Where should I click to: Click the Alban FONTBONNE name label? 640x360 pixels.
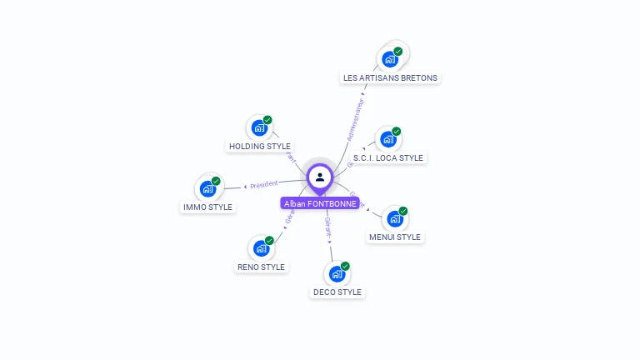(x=320, y=203)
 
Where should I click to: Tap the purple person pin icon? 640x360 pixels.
(x=320, y=177)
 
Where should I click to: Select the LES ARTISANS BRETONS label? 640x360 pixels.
(x=390, y=77)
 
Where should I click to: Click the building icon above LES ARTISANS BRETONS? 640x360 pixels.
(x=389, y=59)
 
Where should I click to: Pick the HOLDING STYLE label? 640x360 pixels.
(x=259, y=146)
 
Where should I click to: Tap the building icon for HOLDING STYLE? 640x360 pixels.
(x=259, y=128)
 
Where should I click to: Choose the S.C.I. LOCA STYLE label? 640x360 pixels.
(x=387, y=157)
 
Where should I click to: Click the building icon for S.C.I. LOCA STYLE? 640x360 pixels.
(x=387, y=139)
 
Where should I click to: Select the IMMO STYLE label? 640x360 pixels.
(x=207, y=207)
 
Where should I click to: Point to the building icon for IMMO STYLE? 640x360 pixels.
(x=207, y=189)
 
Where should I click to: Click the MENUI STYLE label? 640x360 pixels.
(x=395, y=237)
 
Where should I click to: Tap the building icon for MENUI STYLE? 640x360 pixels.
(x=395, y=219)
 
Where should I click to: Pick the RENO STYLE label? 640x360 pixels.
(x=261, y=267)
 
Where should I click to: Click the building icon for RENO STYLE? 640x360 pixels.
(x=261, y=248)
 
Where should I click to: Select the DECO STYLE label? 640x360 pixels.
(x=337, y=292)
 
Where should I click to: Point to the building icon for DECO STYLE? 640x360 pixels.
(x=337, y=274)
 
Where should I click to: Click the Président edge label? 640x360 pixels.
(x=263, y=183)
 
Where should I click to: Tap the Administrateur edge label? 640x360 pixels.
(x=355, y=119)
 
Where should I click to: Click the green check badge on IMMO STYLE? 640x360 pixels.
(x=216, y=181)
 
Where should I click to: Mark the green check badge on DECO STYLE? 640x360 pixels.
(x=345, y=266)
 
